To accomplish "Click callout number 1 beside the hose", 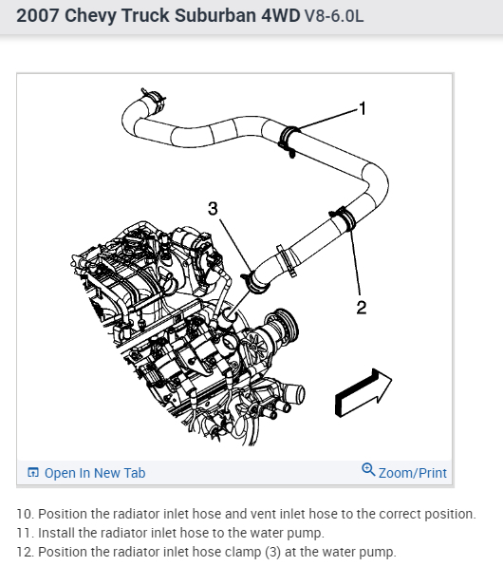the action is pos(363,108).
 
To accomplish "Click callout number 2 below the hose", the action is pos(362,308).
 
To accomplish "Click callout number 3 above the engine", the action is pos(213,209).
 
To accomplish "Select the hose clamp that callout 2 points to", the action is pos(344,217).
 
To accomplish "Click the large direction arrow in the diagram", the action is pos(363,392).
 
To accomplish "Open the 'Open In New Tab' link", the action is pos(95,473).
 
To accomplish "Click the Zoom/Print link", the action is pos(413,473).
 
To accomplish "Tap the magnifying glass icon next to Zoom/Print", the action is pos(368,469).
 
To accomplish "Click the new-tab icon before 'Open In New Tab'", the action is pos(33,472).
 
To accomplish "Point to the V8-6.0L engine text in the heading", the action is pos(334,16).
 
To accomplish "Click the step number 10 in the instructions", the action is pos(26,514).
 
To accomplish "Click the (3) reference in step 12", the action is pos(273,552).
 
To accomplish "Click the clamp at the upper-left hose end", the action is pos(154,99).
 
